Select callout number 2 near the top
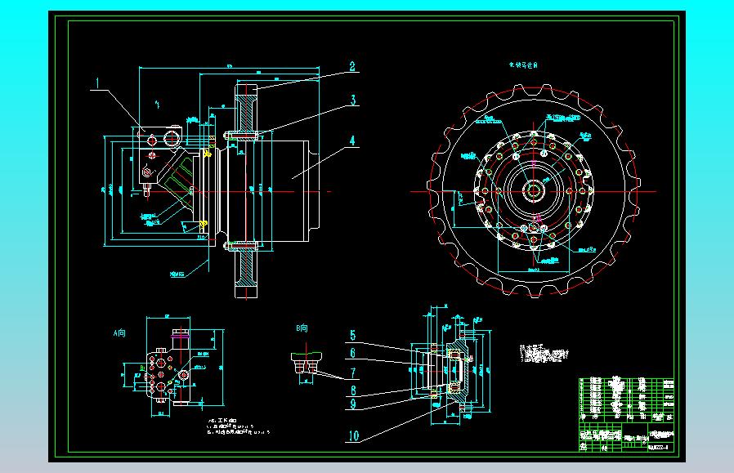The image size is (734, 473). coord(352,68)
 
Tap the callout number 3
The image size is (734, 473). coord(352,100)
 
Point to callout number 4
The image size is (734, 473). coord(352,140)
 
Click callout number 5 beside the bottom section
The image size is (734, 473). coord(352,335)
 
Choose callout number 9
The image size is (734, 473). coord(352,403)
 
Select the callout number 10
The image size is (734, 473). coord(353,435)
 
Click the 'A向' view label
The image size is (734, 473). coord(120,332)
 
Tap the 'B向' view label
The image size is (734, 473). coord(302,328)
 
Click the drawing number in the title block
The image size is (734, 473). coord(658,446)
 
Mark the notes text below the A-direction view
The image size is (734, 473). coord(238,428)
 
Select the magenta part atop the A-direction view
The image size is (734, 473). coord(181,334)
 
